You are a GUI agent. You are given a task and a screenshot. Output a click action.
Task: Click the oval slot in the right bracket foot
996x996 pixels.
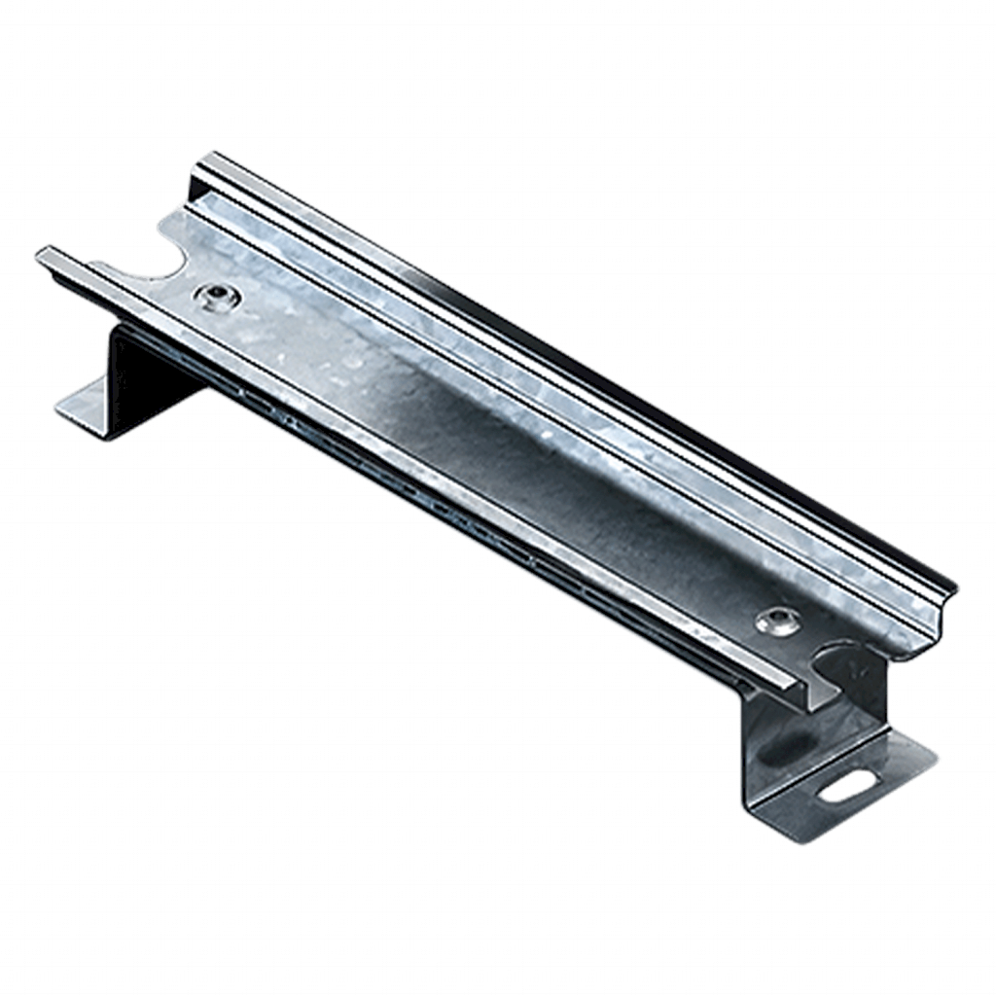[844, 783]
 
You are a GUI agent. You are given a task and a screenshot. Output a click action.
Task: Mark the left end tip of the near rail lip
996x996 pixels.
[41, 254]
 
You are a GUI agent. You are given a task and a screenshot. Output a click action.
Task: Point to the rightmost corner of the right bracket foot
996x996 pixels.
[936, 754]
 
